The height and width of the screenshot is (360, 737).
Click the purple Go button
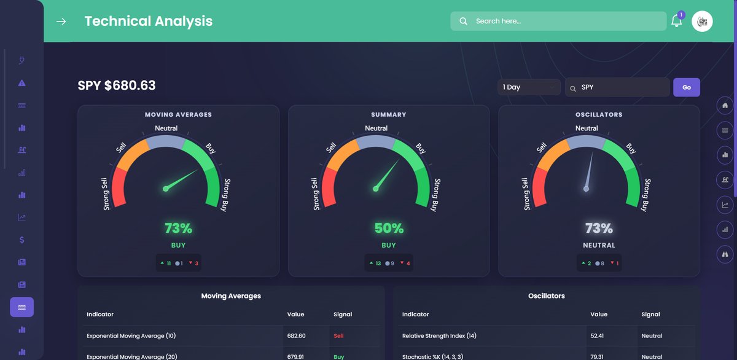(686, 87)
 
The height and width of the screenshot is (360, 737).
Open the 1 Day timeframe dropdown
(529, 87)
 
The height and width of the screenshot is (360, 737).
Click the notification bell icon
(676, 21)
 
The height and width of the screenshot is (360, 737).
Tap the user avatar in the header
(702, 21)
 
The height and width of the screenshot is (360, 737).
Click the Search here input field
(565, 21)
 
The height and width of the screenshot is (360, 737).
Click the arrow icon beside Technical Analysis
(61, 22)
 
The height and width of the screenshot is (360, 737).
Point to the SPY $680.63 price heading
(117, 85)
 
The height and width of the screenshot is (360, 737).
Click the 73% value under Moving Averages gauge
(178, 229)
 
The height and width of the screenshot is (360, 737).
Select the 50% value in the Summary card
(388, 229)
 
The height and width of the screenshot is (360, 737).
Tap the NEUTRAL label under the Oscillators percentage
(599, 245)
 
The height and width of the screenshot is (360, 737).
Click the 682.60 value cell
(296, 336)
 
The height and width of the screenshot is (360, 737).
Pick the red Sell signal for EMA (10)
(338, 336)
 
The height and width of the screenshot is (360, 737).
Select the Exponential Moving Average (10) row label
(131, 336)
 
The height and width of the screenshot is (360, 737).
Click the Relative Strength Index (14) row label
(439, 336)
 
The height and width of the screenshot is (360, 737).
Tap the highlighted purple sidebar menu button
(21, 307)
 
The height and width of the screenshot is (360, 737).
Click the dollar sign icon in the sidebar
(22, 240)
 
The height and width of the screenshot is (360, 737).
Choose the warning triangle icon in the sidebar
(22, 83)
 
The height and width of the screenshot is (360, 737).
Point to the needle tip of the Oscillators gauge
(593, 153)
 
